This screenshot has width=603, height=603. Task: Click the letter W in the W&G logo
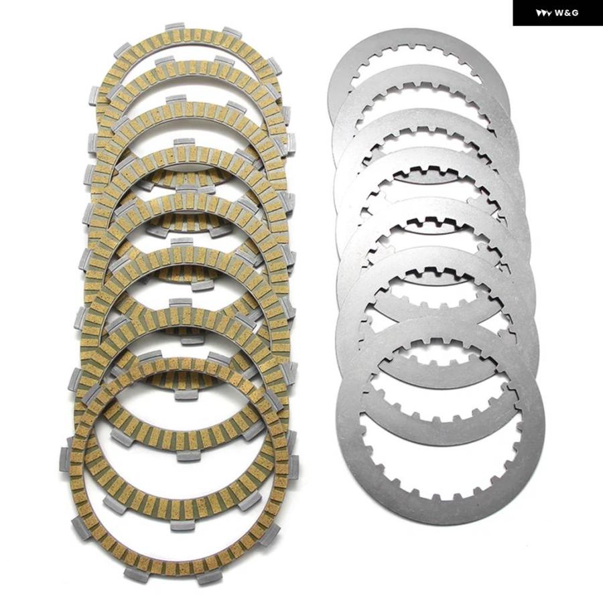(558, 13)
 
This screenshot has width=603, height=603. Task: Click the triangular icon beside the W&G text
(544, 13)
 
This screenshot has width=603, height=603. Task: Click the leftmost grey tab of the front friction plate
(66, 459)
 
